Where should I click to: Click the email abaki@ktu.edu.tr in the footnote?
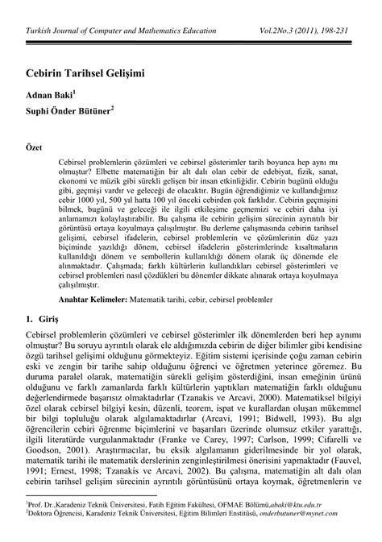point(322,524)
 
